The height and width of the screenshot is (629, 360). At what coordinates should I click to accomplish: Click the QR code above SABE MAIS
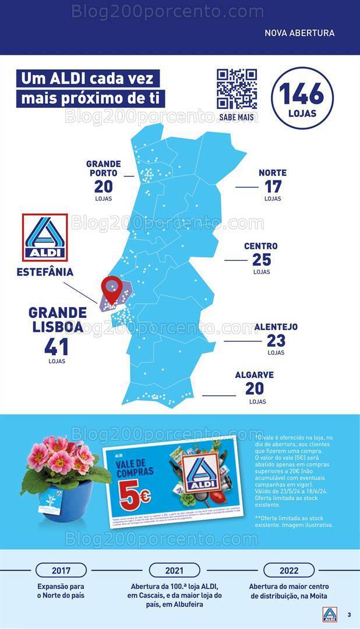[x=237, y=89]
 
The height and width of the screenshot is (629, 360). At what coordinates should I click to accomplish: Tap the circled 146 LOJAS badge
[x=302, y=98]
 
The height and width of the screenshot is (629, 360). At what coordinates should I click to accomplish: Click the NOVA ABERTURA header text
[x=299, y=33]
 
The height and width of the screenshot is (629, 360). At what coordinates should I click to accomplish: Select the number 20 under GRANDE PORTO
[x=103, y=187]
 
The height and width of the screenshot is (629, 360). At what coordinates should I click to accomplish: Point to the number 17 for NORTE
[x=273, y=187]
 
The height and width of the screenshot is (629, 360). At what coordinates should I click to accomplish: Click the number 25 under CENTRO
[x=262, y=260]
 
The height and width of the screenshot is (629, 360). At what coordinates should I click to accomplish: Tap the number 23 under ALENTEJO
[x=276, y=341]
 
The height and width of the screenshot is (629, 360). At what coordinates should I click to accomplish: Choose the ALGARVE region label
[x=254, y=375]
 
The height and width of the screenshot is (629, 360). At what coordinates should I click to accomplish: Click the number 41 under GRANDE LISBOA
[x=57, y=347]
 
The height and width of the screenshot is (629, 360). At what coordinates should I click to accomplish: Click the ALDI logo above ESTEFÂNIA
[x=45, y=238]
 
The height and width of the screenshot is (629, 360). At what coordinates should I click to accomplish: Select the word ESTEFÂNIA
[x=45, y=272]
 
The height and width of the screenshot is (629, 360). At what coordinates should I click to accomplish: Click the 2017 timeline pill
[x=61, y=570]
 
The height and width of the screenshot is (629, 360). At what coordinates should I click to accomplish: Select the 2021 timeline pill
[x=174, y=570]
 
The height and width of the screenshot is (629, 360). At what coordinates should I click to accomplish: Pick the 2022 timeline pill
[x=289, y=570]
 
